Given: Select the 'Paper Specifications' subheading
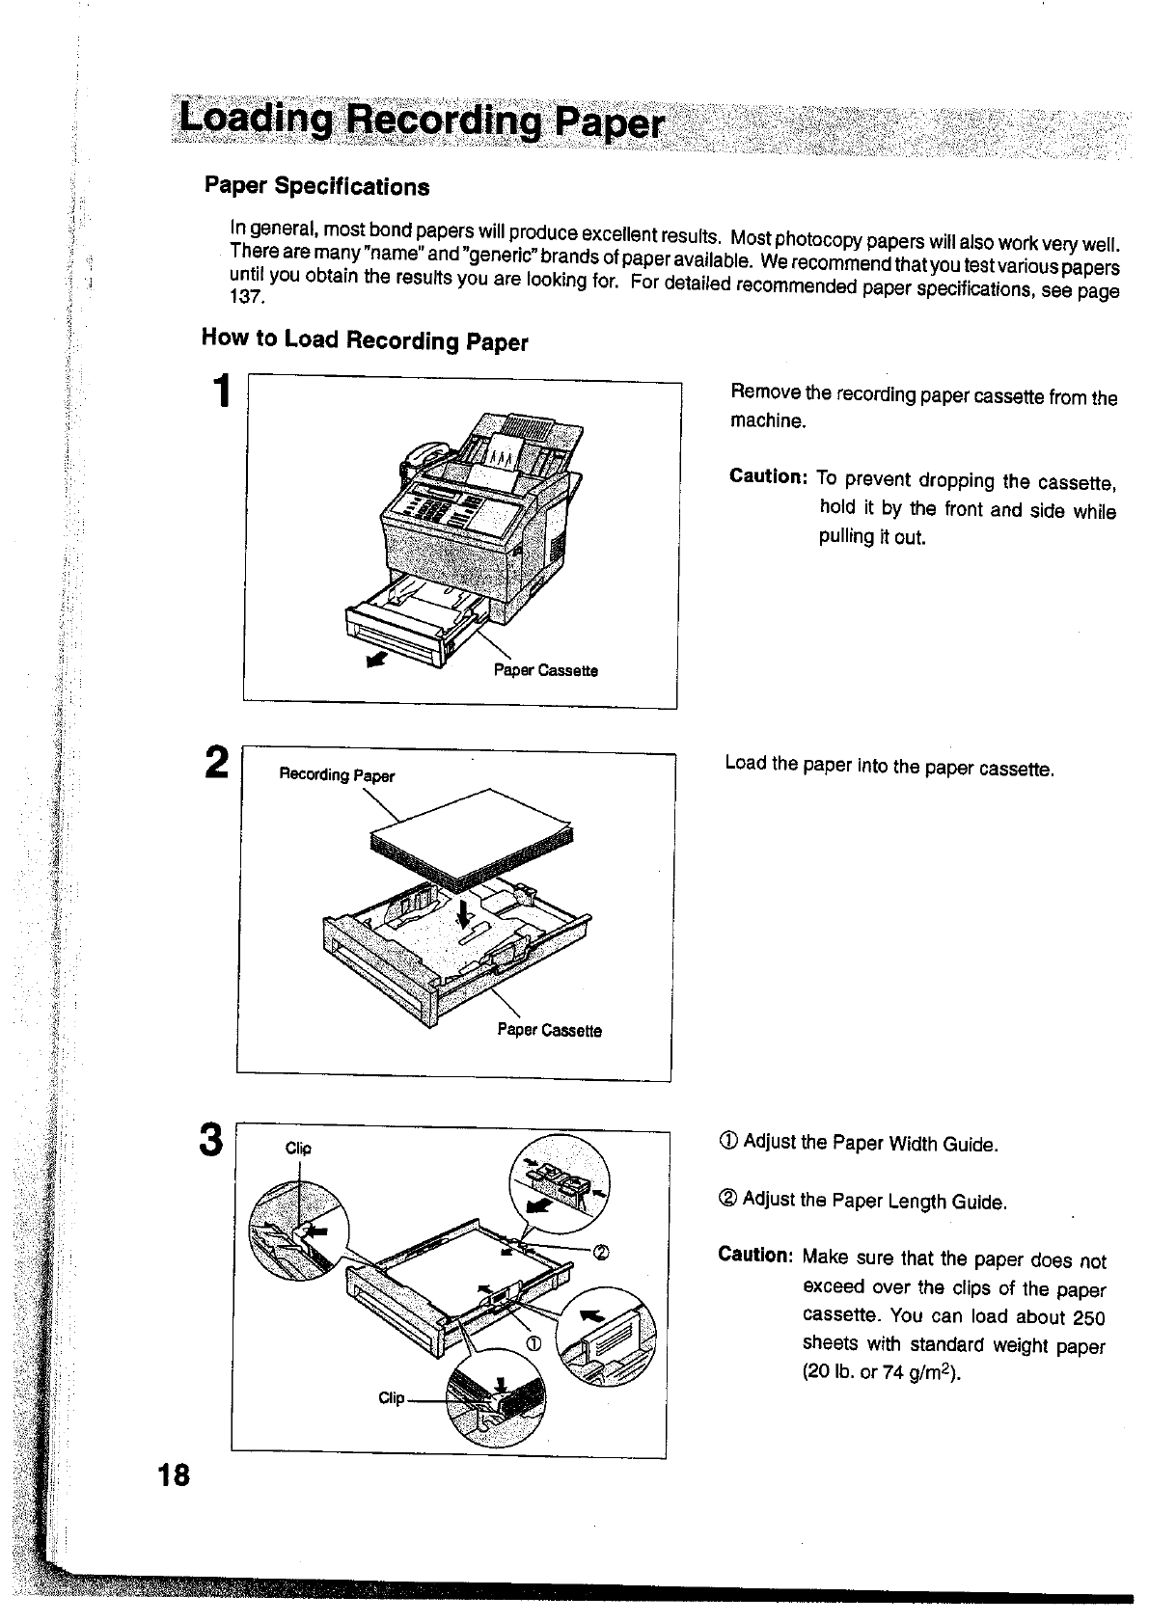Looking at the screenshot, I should (316, 186).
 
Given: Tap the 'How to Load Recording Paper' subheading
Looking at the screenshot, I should (365, 339).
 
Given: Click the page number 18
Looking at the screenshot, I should (176, 1475).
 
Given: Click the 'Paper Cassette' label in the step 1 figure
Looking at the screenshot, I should (545, 670).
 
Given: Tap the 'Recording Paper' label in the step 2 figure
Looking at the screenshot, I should (337, 775).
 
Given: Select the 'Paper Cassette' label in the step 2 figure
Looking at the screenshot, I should (549, 1030).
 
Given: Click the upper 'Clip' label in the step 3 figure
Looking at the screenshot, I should (298, 1148).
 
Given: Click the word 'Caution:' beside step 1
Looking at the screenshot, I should (768, 477).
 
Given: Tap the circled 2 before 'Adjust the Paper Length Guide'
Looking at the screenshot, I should (727, 1200).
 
